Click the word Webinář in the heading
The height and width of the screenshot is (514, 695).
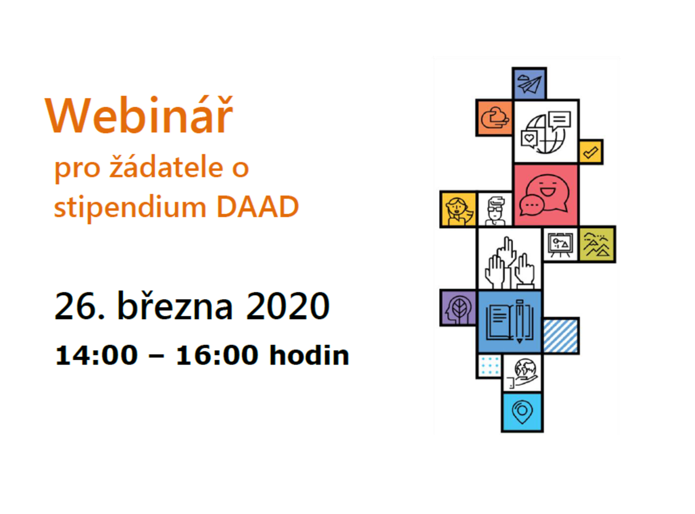tap(139, 114)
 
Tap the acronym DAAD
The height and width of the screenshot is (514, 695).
tap(257, 207)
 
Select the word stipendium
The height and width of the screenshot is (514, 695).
tap(130, 207)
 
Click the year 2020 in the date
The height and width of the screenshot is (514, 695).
tap(288, 306)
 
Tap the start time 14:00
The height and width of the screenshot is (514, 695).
tap(97, 355)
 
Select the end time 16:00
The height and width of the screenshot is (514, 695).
tap(217, 355)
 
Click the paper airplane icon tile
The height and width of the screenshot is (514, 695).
tap(529, 84)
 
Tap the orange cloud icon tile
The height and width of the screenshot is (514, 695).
tap(495, 118)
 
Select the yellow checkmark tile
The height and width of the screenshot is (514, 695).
tap(591, 152)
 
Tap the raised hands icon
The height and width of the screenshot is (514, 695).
tap(509, 263)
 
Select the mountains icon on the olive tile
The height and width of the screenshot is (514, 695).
tap(597, 244)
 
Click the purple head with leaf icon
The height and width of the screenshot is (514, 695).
tap(458, 308)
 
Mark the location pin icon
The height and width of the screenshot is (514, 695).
tap(522, 412)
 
